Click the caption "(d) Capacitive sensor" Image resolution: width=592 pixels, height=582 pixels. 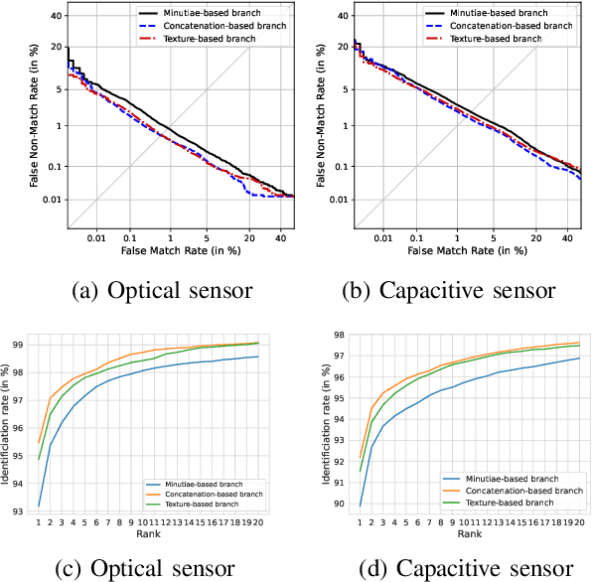click(x=448, y=570)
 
